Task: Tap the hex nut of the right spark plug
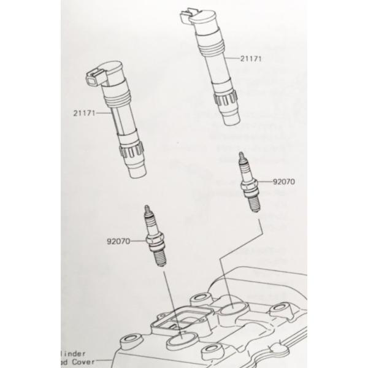point(248,184)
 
